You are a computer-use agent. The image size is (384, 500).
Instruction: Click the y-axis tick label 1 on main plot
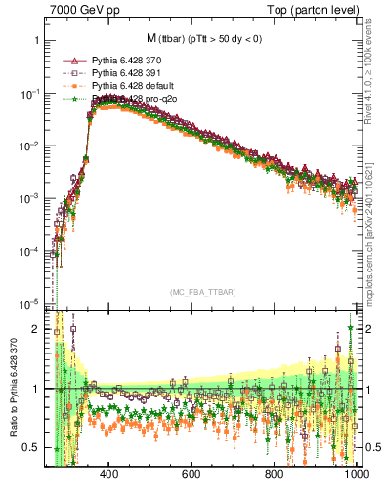(35, 41)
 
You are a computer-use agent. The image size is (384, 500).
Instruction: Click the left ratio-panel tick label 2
(35, 329)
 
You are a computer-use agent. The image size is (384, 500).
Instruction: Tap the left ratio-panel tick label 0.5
(31, 447)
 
